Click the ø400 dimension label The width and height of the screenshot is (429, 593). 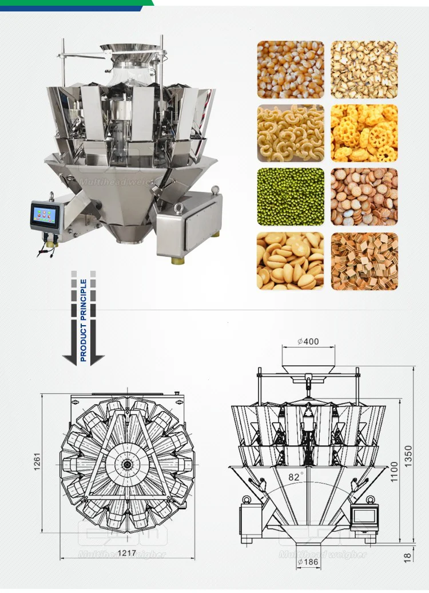click(308, 342)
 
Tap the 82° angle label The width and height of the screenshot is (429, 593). click(296, 475)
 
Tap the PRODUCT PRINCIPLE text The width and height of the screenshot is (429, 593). click(84, 320)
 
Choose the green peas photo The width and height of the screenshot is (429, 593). click(290, 196)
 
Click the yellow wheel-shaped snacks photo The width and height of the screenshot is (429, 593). click(364, 133)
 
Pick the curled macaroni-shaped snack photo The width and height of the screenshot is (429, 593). click(290, 133)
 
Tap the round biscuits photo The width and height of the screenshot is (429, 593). click(364, 196)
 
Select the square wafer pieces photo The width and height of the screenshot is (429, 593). click(364, 260)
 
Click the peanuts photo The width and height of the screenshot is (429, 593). click(290, 260)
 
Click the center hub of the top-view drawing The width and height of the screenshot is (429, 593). click(127, 464)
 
